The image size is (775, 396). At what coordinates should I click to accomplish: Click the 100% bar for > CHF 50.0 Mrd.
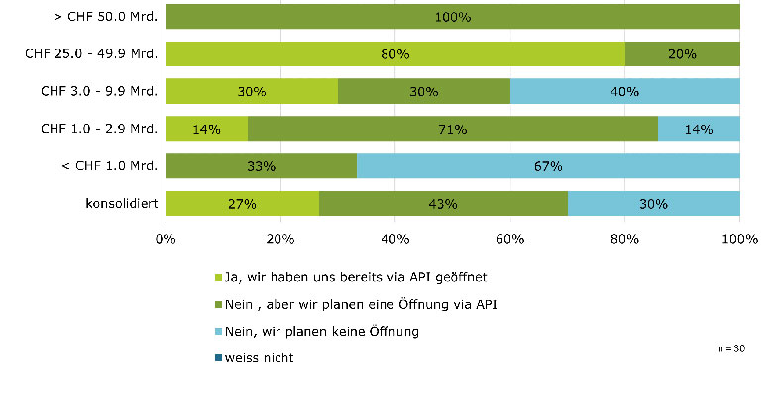tap(453, 17)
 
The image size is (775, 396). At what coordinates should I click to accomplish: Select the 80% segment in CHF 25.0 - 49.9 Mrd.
tap(395, 54)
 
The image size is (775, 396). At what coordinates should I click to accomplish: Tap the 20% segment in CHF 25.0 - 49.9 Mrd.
tap(683, 54)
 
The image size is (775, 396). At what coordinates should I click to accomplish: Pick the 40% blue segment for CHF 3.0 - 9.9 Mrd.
tap(625, 92)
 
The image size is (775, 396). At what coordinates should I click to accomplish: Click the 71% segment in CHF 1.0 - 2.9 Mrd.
tap(453, 129)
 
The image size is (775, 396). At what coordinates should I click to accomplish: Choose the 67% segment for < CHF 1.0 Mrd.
tap(548, 166)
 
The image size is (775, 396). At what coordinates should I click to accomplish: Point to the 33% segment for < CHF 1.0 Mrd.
tap(262, 166)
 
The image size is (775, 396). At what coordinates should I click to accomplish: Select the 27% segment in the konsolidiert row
tap(243, 204)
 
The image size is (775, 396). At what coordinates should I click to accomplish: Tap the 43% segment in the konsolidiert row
tap(443, 204)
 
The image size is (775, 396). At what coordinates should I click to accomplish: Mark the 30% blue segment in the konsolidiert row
tap(654, 204)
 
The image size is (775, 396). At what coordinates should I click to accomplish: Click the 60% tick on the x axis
tap(510, 239)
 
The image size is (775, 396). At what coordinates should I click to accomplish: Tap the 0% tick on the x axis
tap(166, 239)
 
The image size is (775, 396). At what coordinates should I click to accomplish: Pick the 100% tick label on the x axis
tap(739, 239)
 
